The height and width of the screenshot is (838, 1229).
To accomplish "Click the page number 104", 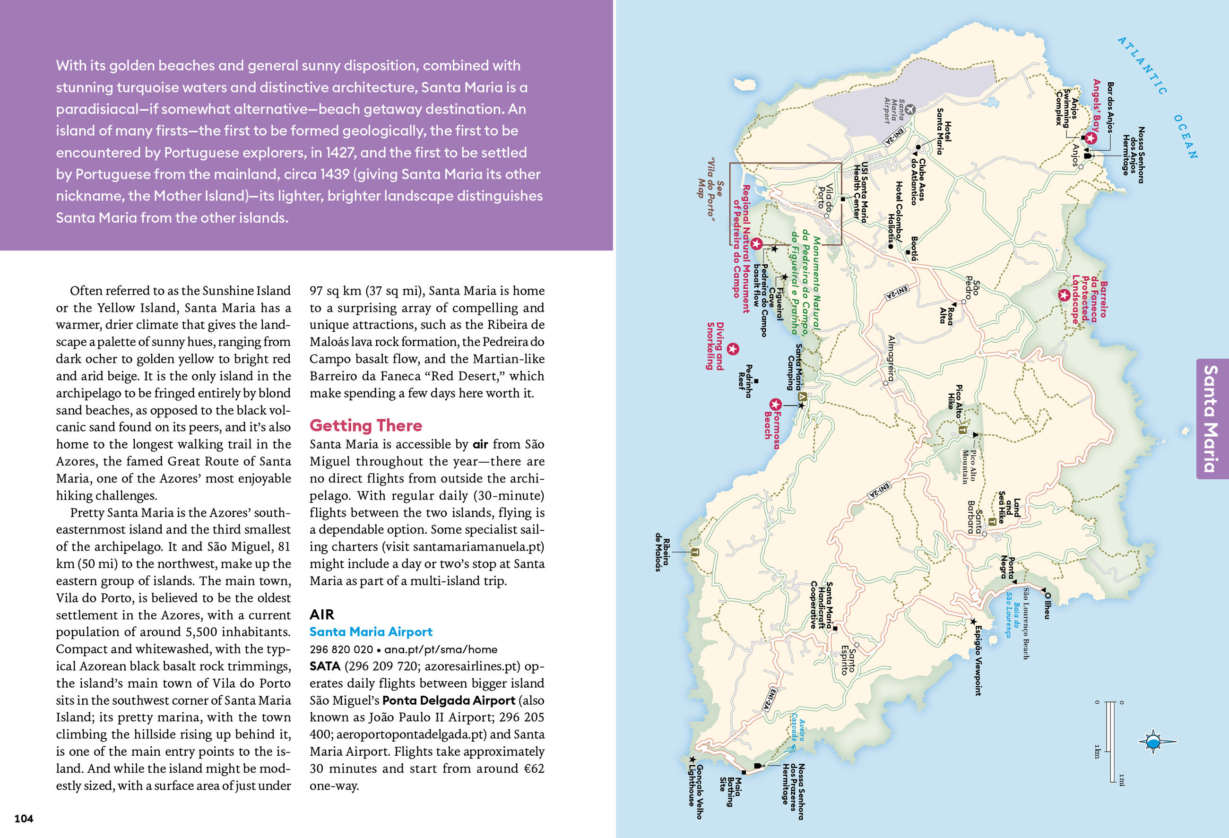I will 24,819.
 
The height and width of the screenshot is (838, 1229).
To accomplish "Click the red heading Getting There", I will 365,425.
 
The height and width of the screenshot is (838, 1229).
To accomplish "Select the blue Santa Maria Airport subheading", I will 371,632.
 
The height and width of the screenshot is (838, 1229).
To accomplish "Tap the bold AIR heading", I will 321,614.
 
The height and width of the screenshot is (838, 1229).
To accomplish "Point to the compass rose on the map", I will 1153,741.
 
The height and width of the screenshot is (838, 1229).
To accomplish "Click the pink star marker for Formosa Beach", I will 775,405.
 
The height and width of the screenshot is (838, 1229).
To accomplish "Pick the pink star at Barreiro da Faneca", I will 1064,295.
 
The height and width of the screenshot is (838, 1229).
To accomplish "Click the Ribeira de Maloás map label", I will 662,554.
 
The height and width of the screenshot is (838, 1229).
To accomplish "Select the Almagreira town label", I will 891,358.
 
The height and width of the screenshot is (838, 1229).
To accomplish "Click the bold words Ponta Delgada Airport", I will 449,700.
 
